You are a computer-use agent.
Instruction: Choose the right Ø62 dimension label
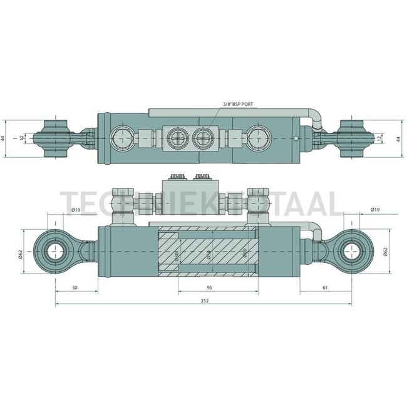point(383,252)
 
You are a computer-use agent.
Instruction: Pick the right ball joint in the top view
point(352,138)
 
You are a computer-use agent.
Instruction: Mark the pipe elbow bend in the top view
point(314,114)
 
